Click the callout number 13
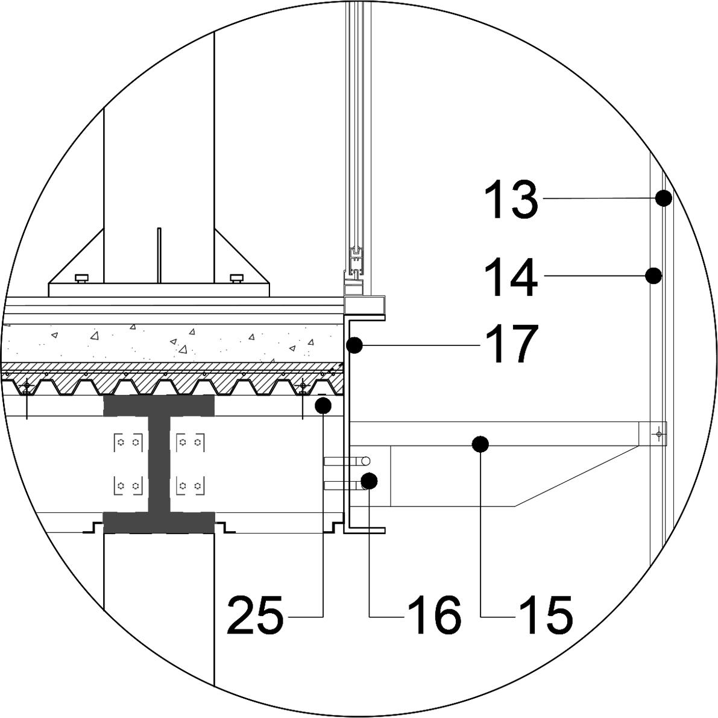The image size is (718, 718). [x=511, y=200]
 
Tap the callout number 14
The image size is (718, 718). [x=511, y=277]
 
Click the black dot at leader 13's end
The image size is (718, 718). [x=664, y=198]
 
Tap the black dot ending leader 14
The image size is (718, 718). [x=653, y=276]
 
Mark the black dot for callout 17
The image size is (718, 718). [x=355, y=345]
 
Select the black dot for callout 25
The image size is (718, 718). [x=323, y=405]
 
